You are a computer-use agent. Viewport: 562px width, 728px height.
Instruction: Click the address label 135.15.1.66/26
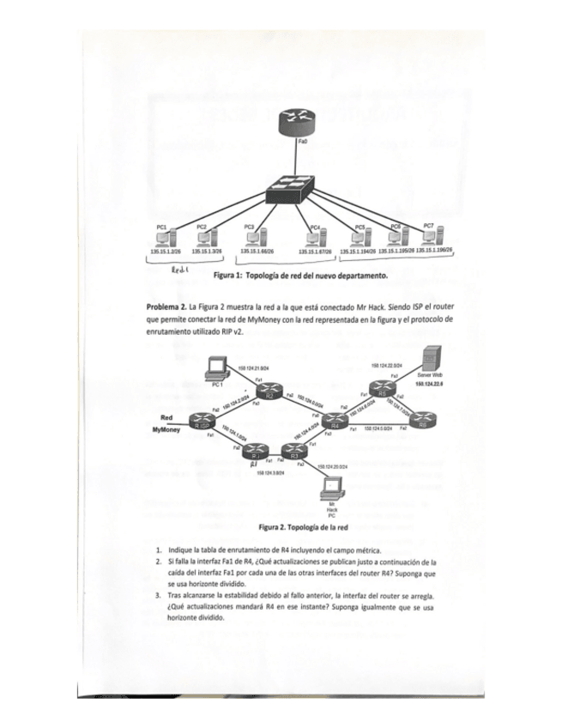(x=257, y=252)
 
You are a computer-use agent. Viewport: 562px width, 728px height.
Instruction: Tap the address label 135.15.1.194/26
(x=358, y=252)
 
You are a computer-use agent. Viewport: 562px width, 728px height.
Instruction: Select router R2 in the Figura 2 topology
(x=269, y=394)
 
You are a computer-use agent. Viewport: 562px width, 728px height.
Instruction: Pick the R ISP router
(x=203, y=423)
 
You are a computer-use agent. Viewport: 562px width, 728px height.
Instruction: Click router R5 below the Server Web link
(x=382, y=393)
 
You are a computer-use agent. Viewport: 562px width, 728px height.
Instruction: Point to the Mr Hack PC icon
(x=332, y=489)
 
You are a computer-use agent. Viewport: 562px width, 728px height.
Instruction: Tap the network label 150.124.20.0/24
(x=331, y=466)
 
